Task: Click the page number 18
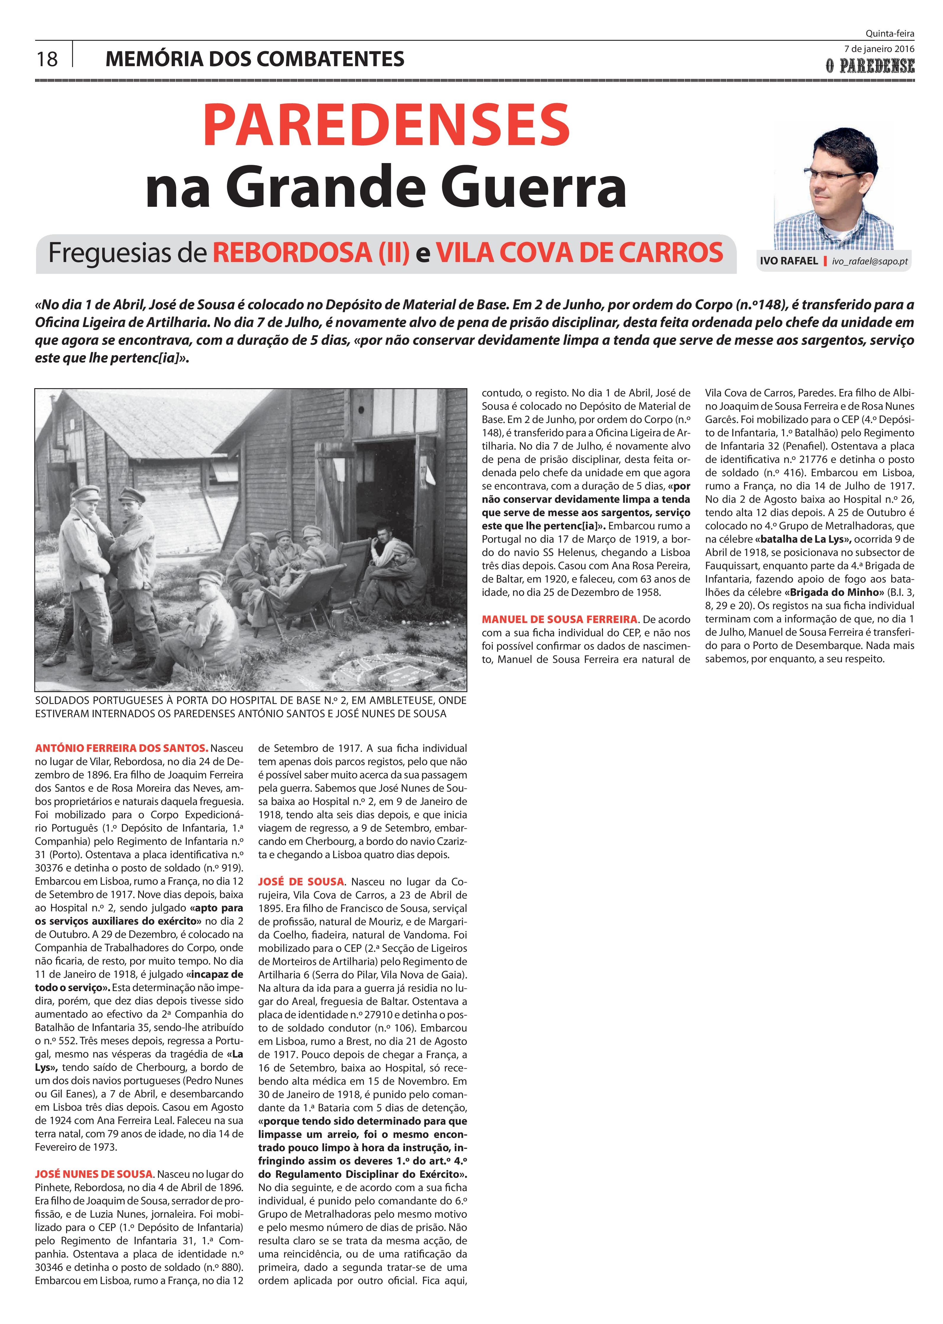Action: pos(47,58)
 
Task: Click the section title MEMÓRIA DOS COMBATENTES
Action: pos(255,58)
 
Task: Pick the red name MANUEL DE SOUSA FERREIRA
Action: pos(560,619)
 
